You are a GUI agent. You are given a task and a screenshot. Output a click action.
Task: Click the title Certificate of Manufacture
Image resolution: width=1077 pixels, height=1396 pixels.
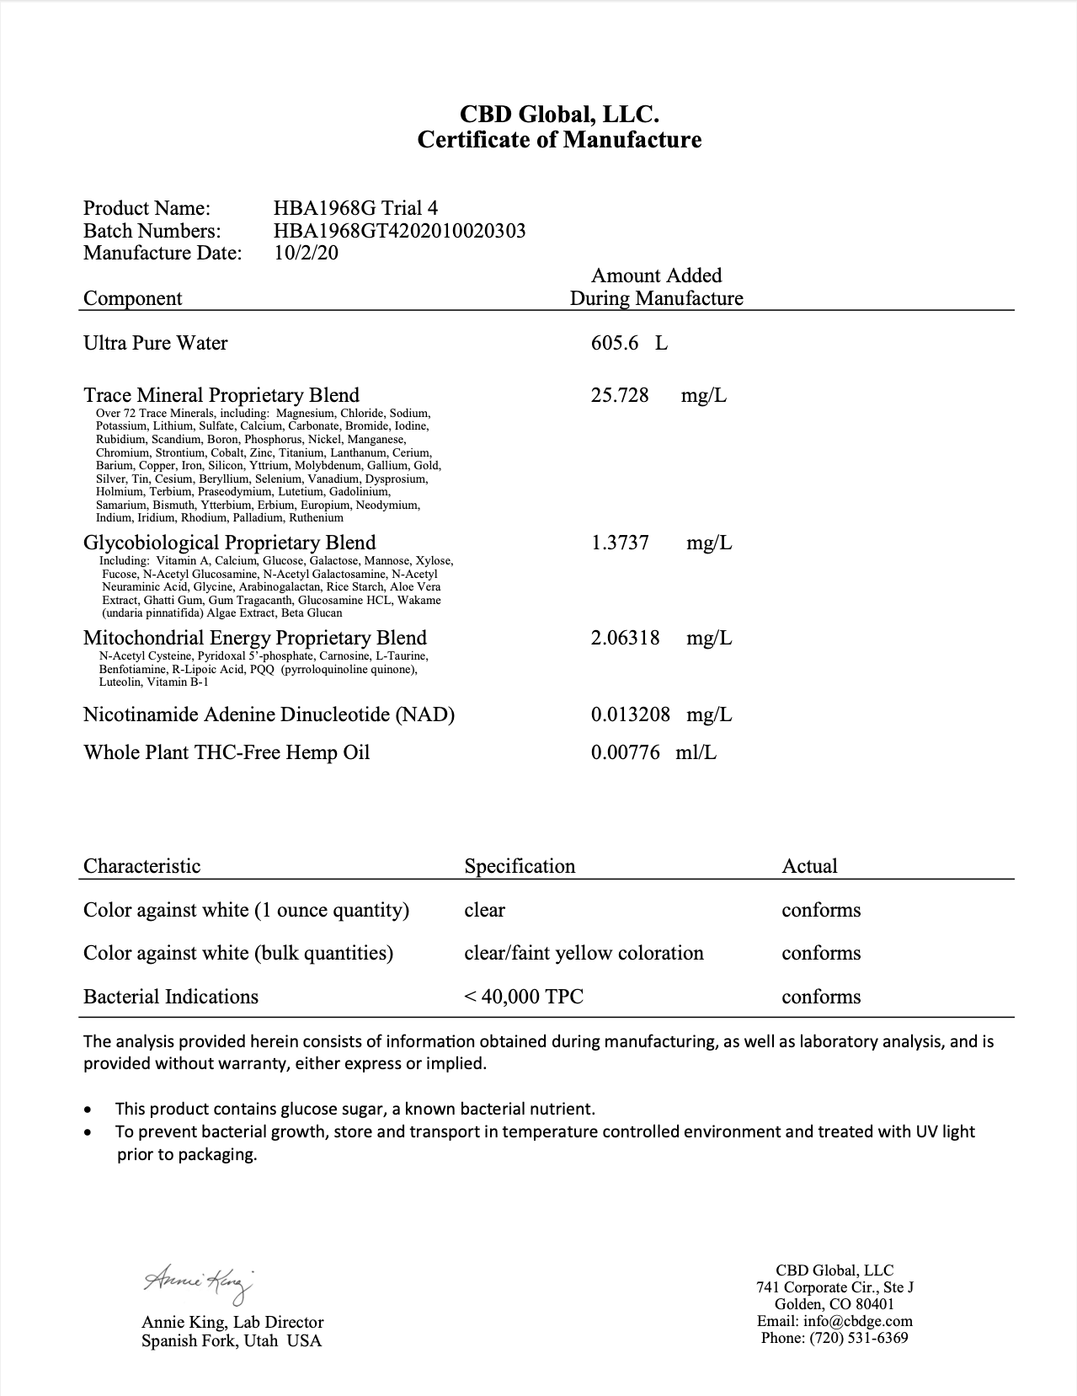[x=559, y=140]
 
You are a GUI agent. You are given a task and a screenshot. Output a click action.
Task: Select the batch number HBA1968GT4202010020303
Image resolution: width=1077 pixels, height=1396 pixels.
[x=399, y=231]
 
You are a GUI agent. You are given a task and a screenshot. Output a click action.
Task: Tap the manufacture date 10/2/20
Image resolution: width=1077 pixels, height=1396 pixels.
[x=307, y=253]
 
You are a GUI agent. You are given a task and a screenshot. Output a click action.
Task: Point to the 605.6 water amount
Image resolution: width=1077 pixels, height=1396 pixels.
[x=615, y=343]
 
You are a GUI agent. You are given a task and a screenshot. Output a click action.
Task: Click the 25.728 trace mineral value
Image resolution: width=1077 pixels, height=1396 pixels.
[x=620, y=395]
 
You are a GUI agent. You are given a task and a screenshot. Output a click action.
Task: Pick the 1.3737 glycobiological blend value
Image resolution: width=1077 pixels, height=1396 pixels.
[x=620, y=543]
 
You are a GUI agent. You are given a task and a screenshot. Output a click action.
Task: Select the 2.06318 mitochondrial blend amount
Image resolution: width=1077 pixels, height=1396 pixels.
[x=625, y=638]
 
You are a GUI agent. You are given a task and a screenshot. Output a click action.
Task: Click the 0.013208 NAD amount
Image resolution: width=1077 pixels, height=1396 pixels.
[x=631, y=714]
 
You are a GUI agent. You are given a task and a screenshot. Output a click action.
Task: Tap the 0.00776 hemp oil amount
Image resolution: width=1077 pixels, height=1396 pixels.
[x=625, y=752]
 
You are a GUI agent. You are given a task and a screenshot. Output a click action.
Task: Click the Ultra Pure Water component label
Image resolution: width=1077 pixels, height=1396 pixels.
[x=156, y=343]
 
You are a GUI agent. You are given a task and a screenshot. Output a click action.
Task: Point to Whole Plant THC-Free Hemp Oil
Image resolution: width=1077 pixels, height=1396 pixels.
[x=227, y=752]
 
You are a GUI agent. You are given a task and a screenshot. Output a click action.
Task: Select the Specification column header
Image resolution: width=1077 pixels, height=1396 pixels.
[x=520, y=866]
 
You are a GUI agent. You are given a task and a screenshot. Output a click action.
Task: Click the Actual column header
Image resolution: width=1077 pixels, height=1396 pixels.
[x=809, y=866]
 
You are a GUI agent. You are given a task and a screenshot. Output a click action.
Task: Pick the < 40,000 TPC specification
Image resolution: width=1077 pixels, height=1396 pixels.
[x=524, y=997]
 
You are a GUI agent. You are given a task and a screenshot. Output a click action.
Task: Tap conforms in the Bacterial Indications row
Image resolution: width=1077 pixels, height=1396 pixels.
[x=821, y=997]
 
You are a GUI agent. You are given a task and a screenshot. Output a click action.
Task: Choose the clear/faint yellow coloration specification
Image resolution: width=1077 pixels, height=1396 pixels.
[x=584, y=953]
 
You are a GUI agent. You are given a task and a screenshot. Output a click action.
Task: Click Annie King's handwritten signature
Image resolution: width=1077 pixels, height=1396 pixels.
[x=198, y=1281]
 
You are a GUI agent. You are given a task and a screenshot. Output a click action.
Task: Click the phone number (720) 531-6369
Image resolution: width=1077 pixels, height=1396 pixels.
[x=858, y=1338]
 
